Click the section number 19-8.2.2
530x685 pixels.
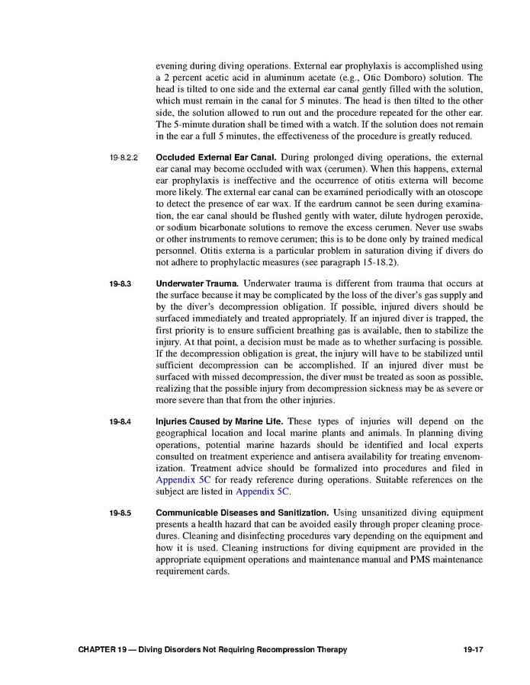tap(123, 158)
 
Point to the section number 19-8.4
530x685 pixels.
tap(120, 421)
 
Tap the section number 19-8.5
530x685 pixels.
tap(120, 513)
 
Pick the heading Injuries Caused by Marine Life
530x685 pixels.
tap(220, 421)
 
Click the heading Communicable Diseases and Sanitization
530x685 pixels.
tap(243, 513)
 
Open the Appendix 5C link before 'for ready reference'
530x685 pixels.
tap(183, 480)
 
